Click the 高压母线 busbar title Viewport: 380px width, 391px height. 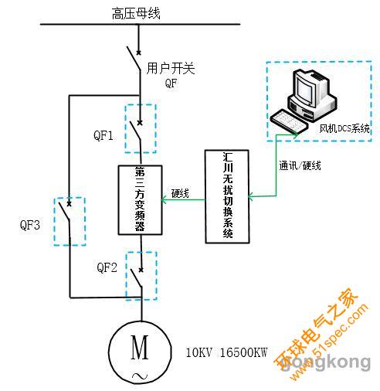pos(136,14)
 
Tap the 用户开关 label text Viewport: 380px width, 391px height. pos(171,69)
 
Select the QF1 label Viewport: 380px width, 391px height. pos(103,135)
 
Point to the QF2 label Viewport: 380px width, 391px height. pos(107,267)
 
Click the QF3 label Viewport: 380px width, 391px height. pos(30,225)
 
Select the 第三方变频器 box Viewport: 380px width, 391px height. pos(140,200)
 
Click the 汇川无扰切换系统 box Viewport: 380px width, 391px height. pos(227,196)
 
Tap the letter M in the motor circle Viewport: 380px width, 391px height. pos(140,347)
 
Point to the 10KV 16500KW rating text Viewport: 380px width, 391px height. pos(226,352)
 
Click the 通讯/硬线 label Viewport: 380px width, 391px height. pos(300,165)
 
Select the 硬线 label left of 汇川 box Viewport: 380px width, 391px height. pos(180,193)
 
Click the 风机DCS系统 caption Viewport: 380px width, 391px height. pos(344,128)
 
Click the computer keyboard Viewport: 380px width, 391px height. pos(289,122)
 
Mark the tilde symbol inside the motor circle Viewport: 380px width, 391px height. pos(140,376)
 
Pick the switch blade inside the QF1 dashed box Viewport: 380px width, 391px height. pos(135,131)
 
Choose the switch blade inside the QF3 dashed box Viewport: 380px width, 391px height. pos(64,211)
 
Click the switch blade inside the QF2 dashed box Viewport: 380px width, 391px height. pos(136,278)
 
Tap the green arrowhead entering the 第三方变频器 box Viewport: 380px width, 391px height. pos(164,200)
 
